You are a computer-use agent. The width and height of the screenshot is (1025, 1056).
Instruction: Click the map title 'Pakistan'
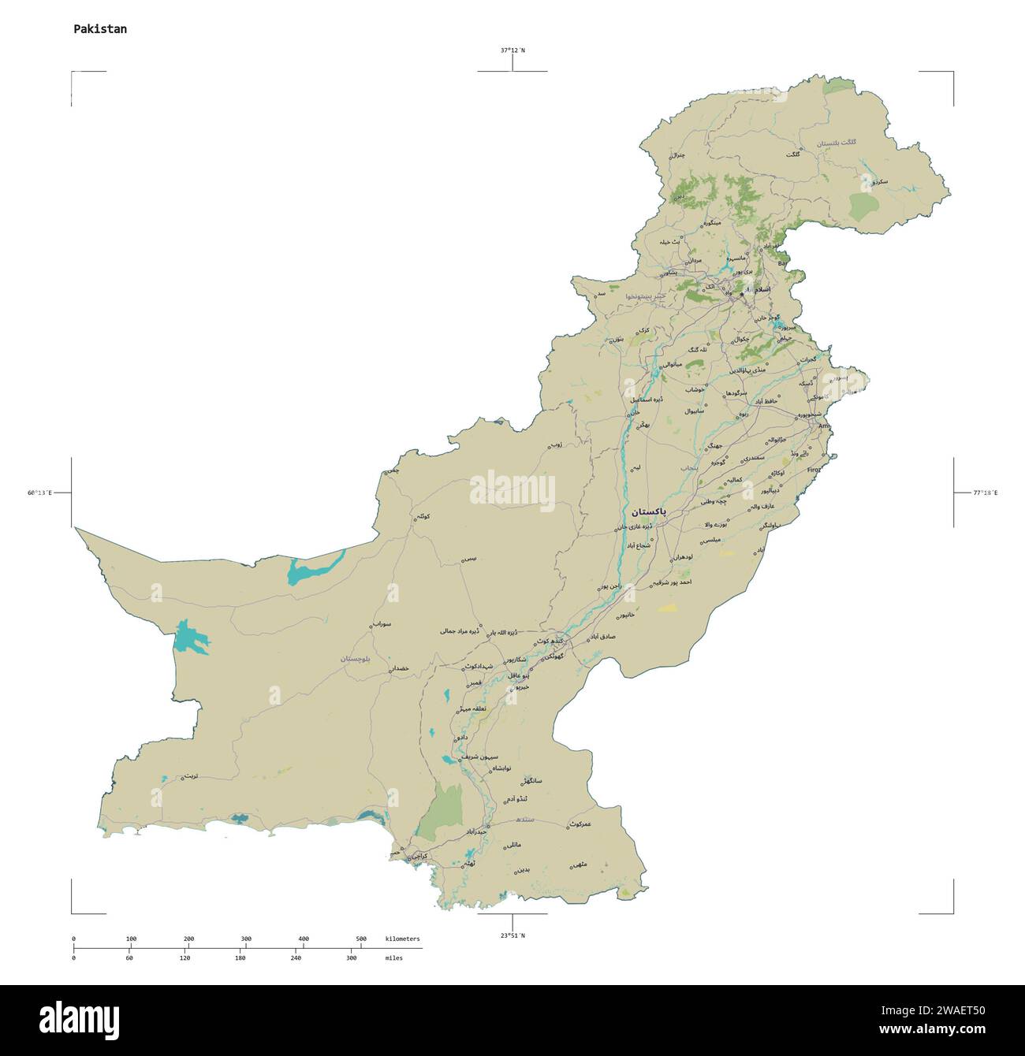coord(100,29)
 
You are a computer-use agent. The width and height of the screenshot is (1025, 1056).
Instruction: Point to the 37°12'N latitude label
coord(512,50)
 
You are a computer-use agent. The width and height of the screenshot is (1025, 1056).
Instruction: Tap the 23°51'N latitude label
coord(512,935)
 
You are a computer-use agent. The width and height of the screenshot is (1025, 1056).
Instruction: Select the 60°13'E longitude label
coord(39,493)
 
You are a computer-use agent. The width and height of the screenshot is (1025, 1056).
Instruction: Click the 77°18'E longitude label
coord(985,493)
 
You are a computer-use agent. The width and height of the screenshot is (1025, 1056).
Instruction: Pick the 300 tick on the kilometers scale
coord(246,939)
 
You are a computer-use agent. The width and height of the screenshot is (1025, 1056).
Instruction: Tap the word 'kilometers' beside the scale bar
coord(402,939)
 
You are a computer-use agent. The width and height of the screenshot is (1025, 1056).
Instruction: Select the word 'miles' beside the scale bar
coord(393,957)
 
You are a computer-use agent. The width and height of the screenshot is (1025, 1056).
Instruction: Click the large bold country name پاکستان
coord(643,511)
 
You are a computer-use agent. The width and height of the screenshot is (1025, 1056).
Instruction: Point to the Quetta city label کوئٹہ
coord(423,516)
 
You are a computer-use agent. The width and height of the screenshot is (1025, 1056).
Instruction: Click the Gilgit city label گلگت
coord(792,154)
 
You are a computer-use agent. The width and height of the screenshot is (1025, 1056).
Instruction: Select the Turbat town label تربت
coord(190,776)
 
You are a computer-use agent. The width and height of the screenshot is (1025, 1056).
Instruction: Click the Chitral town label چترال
coord(676,155)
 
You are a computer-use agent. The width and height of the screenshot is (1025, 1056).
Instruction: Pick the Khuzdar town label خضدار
coord(400,668)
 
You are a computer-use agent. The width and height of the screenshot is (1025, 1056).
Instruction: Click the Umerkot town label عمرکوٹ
coord(580,824)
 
